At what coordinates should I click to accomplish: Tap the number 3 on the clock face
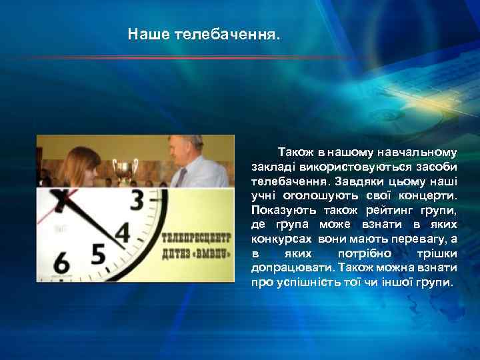point(139,201)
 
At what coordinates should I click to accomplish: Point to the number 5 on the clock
point(97,255)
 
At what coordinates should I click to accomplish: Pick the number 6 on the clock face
point(61,262)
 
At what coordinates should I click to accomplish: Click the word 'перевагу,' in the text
point(420,238)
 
